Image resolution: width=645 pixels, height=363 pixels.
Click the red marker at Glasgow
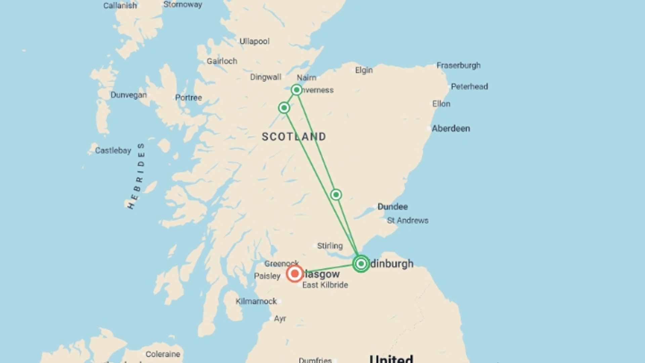(295, 274)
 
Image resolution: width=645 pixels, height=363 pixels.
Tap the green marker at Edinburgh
(361, 264)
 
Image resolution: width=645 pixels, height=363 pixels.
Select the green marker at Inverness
(296, 90)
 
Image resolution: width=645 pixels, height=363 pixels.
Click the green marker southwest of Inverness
(284, 108)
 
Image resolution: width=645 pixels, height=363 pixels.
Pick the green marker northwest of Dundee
(336, 195)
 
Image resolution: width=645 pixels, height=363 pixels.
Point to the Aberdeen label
(450, 128)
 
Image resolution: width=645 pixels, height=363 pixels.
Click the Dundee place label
(392, 207)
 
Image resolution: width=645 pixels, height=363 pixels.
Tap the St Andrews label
(407, 220)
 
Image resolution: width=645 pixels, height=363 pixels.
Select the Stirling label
(330, 246)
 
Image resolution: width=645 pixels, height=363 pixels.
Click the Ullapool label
(254, 41)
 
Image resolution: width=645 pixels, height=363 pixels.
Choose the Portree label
(188, 98)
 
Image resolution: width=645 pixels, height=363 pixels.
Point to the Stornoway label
(183, 5)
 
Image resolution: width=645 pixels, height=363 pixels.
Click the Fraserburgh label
(458, 65)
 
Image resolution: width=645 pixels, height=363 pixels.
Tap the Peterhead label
(469, 86)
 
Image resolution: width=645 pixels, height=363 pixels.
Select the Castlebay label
(113, 150)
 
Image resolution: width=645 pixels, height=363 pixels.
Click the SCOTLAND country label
(294, 136)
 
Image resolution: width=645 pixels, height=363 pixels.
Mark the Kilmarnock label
(256, 301)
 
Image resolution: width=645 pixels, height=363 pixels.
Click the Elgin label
(364, 70)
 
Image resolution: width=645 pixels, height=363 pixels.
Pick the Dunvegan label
(129, 95)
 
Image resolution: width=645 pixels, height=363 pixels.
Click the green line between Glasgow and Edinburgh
(329, 269)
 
